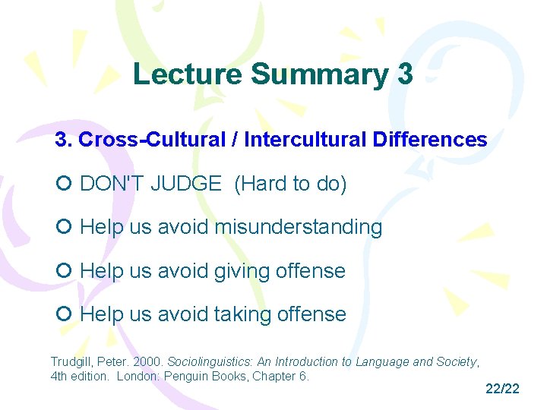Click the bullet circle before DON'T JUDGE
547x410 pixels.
pos(64,184)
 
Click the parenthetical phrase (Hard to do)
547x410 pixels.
pos(290,184)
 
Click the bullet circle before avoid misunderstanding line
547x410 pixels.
pos(64,227)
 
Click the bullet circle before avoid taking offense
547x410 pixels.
pos(64,314)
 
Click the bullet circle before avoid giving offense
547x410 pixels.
pos(64,271)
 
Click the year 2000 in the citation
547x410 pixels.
pos(150,362)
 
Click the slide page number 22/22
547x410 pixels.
pos(502,389)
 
